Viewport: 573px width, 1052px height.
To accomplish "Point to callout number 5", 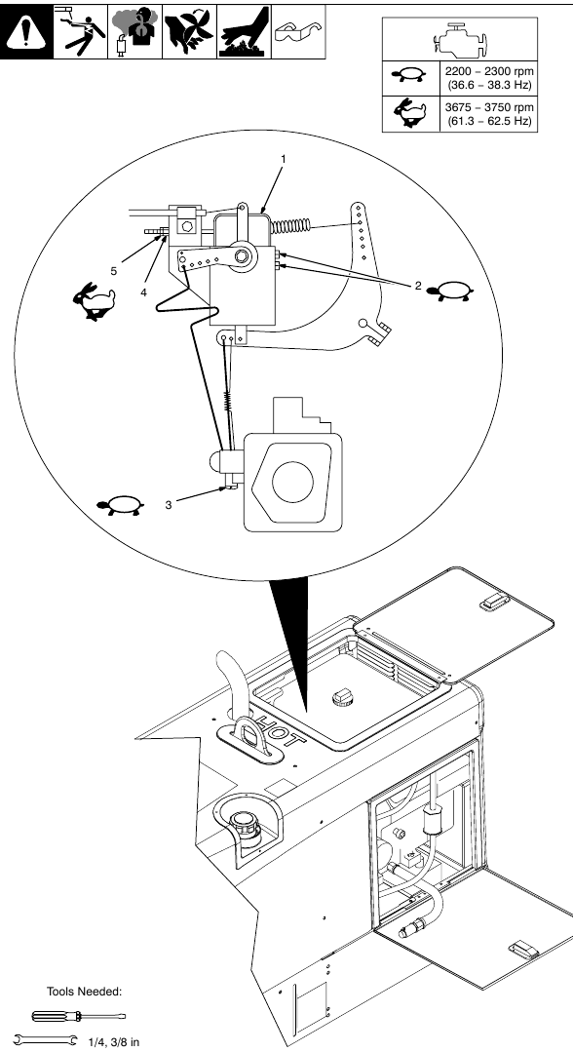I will [113, 270].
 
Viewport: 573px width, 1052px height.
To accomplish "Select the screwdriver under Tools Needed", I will [60, 1017].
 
